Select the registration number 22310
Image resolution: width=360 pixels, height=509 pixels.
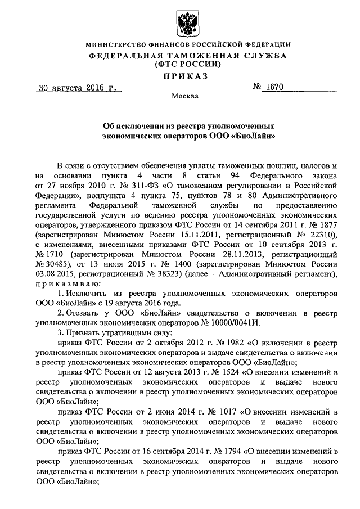(x=322, y=234)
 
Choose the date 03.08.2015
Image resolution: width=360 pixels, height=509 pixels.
(x=56, y=273)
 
